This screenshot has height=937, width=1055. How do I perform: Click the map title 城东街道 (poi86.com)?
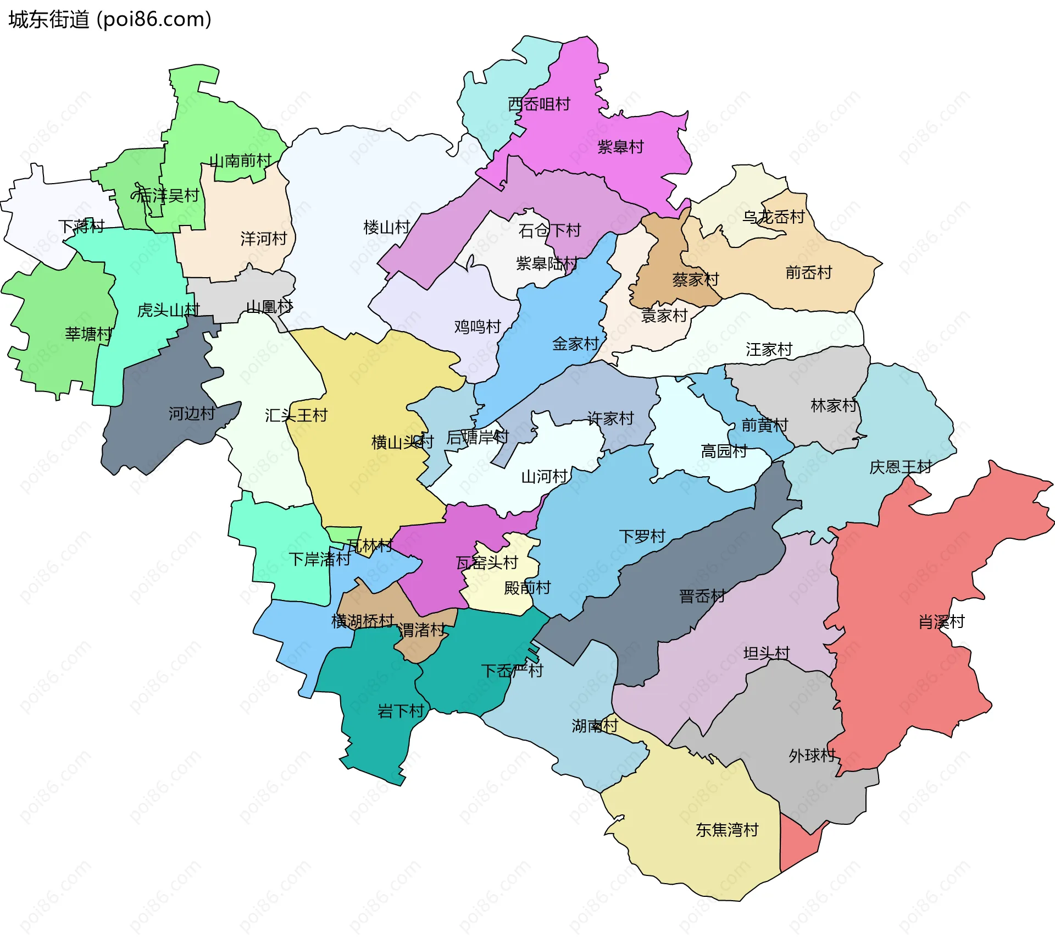(x=110, y=20)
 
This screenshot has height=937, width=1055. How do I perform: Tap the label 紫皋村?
(x=620, y=147)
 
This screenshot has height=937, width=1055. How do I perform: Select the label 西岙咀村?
(x=539, y=104)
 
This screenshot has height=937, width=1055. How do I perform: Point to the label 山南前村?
(x=240, y=161)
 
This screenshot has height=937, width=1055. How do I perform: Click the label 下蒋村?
(x=81, y=227)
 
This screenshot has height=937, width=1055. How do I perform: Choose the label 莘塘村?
(x=88, y=334)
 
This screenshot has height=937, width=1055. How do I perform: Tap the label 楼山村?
(x=387, y=228)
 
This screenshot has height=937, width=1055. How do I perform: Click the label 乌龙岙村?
(x=773, y=217)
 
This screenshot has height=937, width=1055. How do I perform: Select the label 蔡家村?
(x=695, y=280)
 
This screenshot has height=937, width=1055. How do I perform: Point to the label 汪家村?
(x=769, y=350)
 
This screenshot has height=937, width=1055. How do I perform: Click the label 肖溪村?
(x=941, y=622)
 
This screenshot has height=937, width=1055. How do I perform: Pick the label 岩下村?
(x=401, y=712)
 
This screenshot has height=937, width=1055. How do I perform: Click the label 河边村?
(x=191, y=414)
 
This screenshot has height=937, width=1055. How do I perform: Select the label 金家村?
(x=575, y=344)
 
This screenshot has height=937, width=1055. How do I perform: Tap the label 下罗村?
(x=642, y=537)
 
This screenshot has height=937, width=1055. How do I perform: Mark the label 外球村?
(x=812, y=756)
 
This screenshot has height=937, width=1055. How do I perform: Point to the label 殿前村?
(x=527, y=588)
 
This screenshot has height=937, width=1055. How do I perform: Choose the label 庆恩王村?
(x=900, y=467)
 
